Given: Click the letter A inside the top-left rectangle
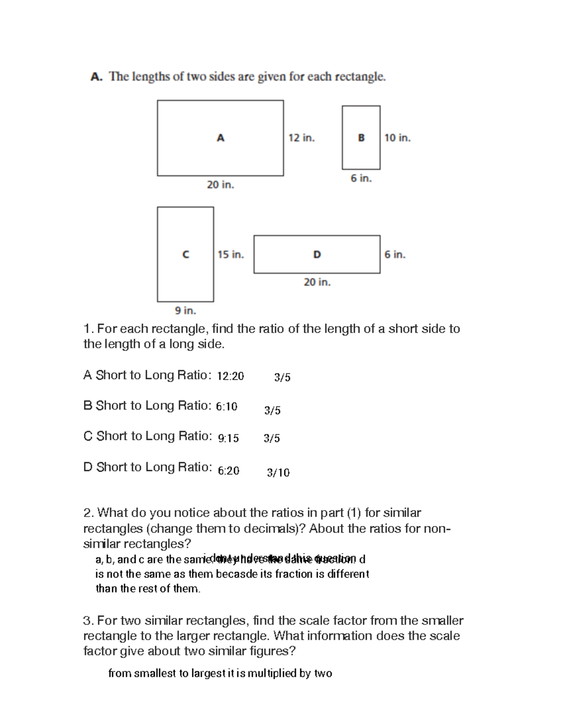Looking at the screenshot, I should tap(221, 138).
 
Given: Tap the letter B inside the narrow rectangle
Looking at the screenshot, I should tap(361, 138).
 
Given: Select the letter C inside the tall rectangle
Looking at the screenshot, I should tap(186, 255).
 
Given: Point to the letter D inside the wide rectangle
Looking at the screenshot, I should tap(317, 255).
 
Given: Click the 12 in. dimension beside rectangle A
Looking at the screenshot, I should tap(302, 138).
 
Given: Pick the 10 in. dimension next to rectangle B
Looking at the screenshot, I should tap(397, 138).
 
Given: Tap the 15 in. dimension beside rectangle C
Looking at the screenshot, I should tap(231, 255).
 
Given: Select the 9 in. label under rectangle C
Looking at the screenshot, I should tap(185, 310).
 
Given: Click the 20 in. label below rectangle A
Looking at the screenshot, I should tap(221, 185).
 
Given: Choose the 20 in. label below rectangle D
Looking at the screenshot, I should tap(317, 282).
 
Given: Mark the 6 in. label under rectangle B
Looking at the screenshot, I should tap(361, 178).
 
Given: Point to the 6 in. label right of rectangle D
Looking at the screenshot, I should tap(395, 255).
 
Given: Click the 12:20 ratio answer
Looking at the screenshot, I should tap(230, 376).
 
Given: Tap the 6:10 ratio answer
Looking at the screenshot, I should tap(227, 406).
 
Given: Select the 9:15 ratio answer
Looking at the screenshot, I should tap(228, 438).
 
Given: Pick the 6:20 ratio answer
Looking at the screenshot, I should tap(228, 471).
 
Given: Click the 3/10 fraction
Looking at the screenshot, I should tap(278, 473).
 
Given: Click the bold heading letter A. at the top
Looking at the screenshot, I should tap(97, 77).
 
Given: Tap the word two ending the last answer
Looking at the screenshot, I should tap(323, 674).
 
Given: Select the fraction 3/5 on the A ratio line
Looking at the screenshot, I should tap(282, 377).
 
